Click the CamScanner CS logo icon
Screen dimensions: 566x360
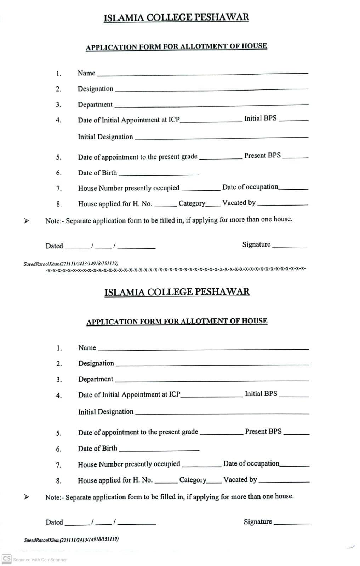click(7, 559)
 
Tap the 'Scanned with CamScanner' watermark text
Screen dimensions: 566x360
click(40, 560)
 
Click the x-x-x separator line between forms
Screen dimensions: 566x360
click(176, 269)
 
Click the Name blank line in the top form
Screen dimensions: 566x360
click(202, 74)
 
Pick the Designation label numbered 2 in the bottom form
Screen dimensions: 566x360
click(96, 363)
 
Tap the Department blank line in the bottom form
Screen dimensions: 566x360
click(212, 381)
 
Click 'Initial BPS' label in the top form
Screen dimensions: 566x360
click(260, 118)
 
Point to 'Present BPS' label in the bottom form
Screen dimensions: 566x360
click(263, 431)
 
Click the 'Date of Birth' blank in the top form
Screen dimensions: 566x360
click(159, 175)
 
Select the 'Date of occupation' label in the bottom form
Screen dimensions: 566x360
click(251, 463)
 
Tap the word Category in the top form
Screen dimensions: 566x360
click(192, 203)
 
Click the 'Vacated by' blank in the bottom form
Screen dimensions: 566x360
click(284, 482)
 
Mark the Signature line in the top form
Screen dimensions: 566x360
click(290, 246)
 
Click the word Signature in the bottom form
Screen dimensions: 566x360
click(258, 521)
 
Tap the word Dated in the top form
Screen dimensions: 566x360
click(54, 246)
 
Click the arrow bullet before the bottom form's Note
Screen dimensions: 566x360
click(26, 497)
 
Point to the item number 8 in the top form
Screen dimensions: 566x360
click(59, 204)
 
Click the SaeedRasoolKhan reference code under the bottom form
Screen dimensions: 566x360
click(71, 540)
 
